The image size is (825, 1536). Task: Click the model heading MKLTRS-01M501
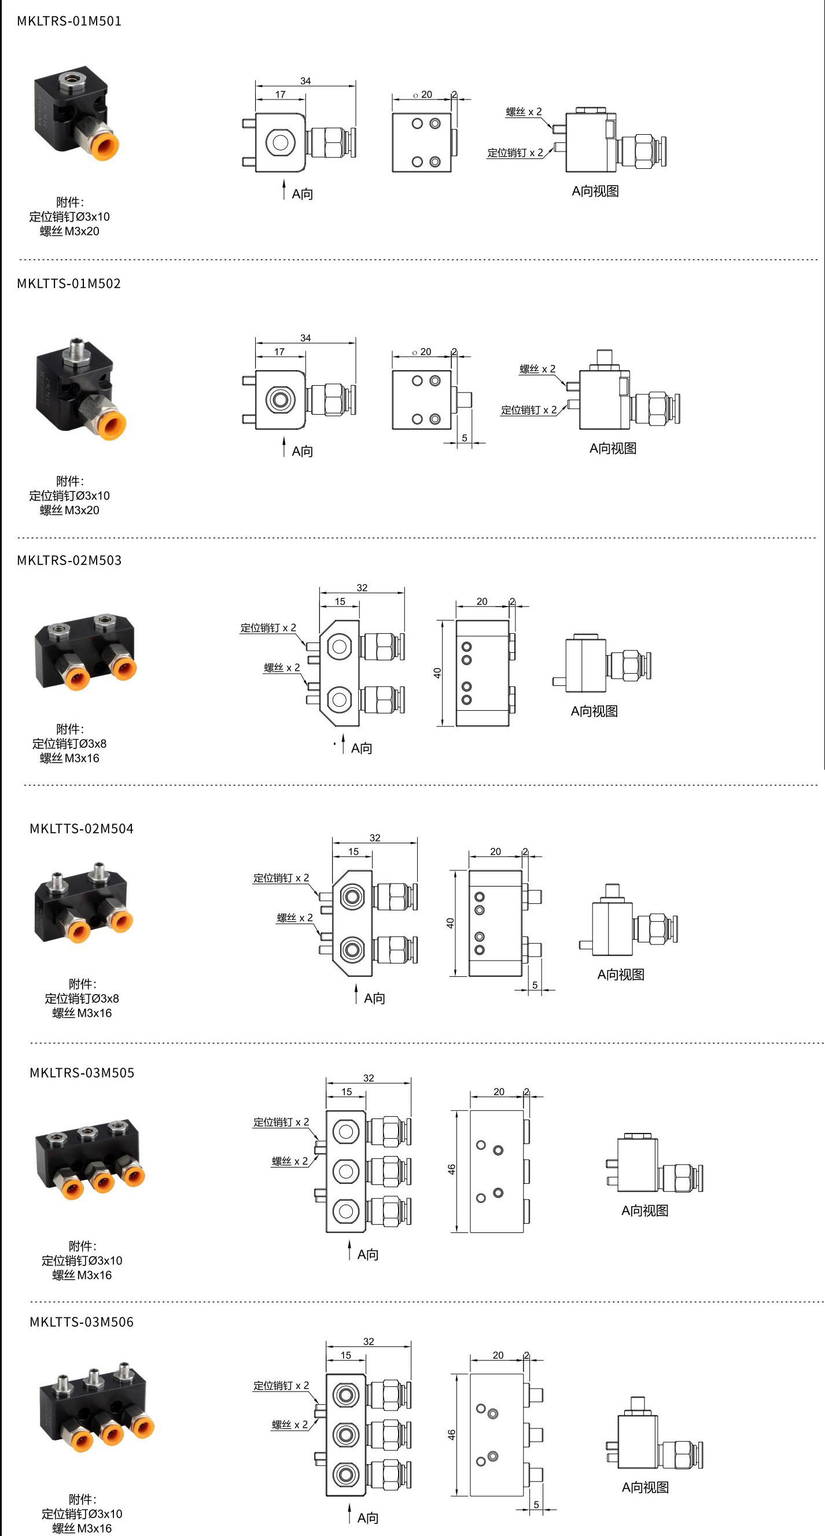click(x=69, y=21)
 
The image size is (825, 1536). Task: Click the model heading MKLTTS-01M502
click(x=69, y=283)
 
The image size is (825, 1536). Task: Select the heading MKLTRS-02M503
click(x=69, y=560)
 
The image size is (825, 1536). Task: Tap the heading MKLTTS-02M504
click(x=82, y=828)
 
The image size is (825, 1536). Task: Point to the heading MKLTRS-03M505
click(x=82, y=1073)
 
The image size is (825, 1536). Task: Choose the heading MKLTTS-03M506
click(x=82, y=1322)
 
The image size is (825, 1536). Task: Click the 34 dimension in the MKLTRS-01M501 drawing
click(x=305, y=81)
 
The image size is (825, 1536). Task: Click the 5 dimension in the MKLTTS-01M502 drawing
click(x=465, y=438)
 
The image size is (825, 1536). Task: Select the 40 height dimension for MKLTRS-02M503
click(x=437, y=673)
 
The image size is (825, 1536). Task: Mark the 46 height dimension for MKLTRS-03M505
click(x=452, y=1170)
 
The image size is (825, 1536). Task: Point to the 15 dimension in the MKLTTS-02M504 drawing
click(x=353, y=851)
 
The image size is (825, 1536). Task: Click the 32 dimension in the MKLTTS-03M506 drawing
click(x=369, y=1342)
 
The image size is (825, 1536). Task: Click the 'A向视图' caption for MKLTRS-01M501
click(x=595, y=191)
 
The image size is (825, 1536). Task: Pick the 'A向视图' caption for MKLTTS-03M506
click(x=646, y=1487)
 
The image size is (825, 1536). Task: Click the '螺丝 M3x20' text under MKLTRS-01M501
click(x=69, y=231)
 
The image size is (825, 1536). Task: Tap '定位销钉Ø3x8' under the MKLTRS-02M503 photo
click(x=69, y=744)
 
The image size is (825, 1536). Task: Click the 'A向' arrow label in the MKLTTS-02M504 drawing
click(x=374, y=998)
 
